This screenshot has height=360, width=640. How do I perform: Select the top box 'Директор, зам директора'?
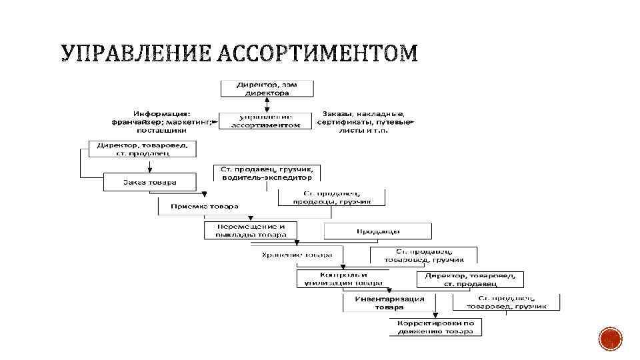(x=266, y=89)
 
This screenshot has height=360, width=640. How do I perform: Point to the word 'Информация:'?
(x=161, y=113)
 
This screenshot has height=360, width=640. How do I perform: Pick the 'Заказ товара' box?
(x=149, y=182)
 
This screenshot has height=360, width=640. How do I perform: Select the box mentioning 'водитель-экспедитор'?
(x=266, y=173)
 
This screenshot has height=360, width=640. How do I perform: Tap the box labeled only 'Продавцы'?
(x=377, y=231)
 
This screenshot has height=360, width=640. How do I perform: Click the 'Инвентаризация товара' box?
(x=389, y=303)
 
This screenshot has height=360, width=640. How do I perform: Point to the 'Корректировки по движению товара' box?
(x=435, y=327)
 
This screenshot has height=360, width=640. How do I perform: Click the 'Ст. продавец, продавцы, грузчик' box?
(x=331, y=197)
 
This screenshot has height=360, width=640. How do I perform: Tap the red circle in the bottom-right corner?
(x=611, y=339)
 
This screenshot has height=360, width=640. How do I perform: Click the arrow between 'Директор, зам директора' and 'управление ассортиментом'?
(x=266, y=105)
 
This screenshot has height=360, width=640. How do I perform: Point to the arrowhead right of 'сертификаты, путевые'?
(x=413, y=122)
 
